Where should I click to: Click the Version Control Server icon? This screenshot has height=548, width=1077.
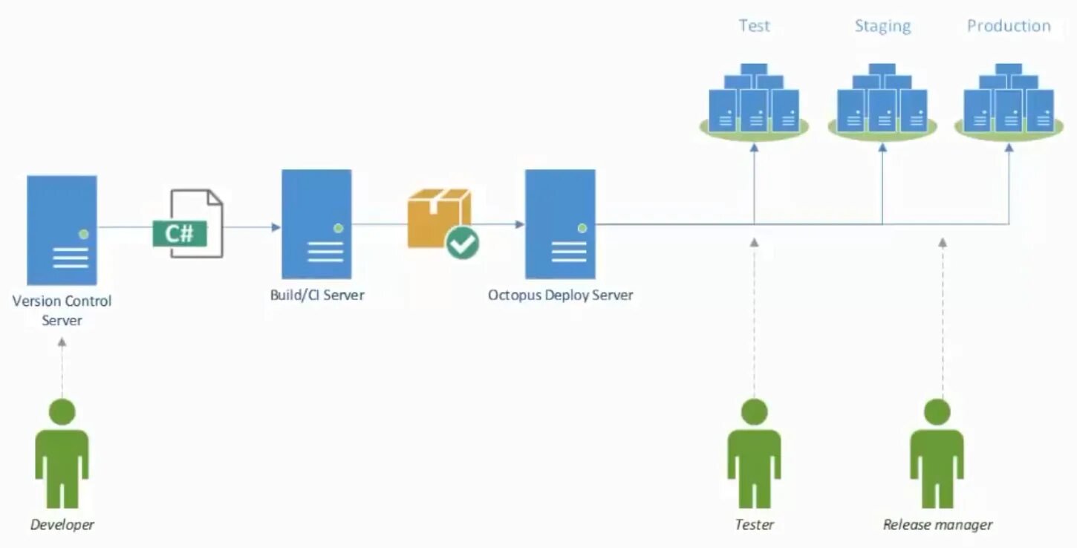coord(62,230)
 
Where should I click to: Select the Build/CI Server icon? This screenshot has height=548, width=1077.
coord(316,224)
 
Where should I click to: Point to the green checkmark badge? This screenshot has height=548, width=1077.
coord(463,243)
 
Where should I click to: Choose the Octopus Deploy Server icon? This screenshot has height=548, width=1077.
coord(560,224)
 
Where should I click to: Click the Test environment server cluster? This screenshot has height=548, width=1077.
coord(754,101)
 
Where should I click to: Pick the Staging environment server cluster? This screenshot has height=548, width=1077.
coord(882,101)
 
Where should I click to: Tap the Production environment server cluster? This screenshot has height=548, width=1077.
coord(1009,101)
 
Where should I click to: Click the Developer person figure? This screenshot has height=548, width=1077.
coord(62,453)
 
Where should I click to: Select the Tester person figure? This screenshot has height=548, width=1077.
coord(754,453)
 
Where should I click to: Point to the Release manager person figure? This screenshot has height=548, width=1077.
coord(937,453)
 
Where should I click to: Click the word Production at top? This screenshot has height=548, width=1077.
coord(1009,26)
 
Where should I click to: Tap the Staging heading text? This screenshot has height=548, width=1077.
coord(882,26)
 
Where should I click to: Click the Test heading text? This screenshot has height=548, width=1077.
coord(754,26)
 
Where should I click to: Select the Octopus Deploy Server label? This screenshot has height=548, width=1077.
coord(560,295)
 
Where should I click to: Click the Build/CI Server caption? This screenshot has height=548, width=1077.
coord(317,295)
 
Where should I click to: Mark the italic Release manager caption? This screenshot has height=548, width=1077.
coord(937,525)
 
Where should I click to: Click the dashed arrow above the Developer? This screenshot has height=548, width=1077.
coord(62,368)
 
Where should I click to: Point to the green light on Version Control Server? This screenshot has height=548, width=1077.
coord(84,234)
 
